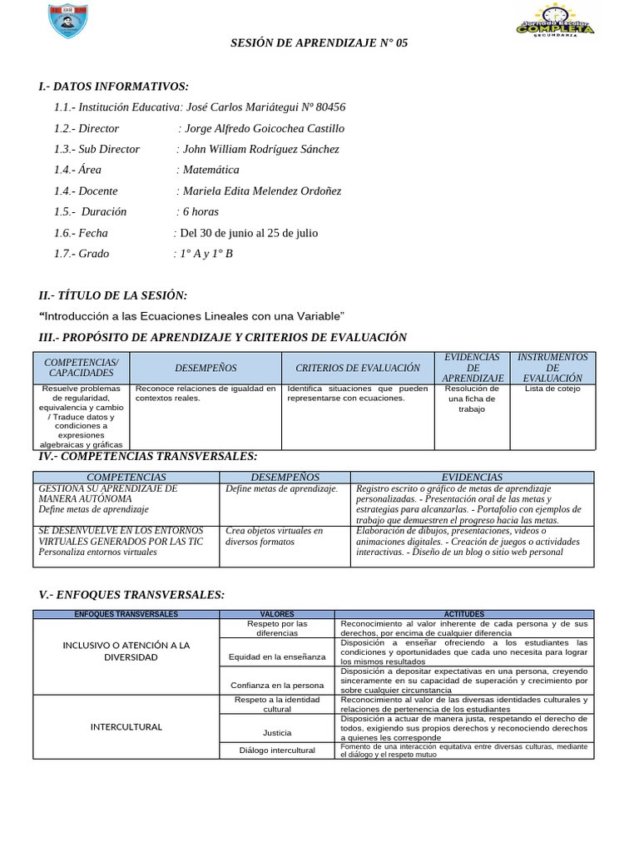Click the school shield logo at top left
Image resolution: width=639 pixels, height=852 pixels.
coord(63,22)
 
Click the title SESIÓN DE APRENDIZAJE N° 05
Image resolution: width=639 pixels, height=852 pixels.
coord(319,42)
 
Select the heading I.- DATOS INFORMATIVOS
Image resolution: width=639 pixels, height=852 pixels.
coord(114,87)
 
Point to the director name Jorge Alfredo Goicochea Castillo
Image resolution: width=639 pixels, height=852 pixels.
coord(264,128)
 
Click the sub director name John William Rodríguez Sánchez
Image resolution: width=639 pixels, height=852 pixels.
coord(261,149)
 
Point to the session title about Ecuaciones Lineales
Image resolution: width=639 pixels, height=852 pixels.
coord(192,316)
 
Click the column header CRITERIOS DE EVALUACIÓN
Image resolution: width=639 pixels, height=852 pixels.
coord(358,368)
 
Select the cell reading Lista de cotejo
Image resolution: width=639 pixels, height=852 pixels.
coord(551,389)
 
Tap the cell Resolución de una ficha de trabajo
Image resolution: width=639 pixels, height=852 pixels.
coord(471,399)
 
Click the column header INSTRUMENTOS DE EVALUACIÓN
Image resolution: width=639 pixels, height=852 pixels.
coord(552,367)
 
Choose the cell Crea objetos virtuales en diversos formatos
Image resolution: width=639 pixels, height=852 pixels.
coord(275,536)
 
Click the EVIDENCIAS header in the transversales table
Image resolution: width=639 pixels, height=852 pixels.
coord(472,477)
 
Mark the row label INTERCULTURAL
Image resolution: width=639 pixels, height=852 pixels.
coord(126,726)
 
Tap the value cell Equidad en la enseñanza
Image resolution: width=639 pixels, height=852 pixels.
coord(277,657)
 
